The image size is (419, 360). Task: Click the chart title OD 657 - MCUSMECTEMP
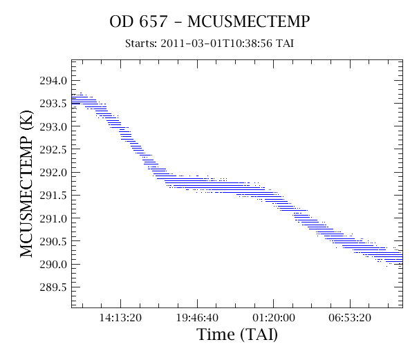(x=209, y=21)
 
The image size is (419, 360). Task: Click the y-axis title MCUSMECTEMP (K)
(x=26, y=184)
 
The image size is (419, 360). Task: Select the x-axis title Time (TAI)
(x=237, y=334)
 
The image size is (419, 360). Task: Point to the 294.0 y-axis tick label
(x=53, y=80)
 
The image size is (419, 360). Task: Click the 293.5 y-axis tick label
(x=53, y=104)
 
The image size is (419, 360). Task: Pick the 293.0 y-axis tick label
(x=53, y=126)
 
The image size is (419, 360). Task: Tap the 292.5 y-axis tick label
(x=53, y=149)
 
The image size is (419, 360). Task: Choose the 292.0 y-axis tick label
(x=53, y=173)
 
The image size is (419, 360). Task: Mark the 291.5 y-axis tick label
(x=53, y=196)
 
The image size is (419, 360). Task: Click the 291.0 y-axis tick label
(x=53, y=218)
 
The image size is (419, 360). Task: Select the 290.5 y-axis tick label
(x=53, y=241)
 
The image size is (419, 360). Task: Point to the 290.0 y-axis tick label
(x=53, y=265)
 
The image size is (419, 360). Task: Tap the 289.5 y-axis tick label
(x=53, y=287)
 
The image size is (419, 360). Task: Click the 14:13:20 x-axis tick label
(x=120, y=318)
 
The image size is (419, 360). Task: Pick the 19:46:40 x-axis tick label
(x=197, y=318)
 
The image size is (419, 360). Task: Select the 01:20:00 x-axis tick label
(x=274, y=318)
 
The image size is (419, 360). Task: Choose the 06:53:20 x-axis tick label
(x=350, y=318)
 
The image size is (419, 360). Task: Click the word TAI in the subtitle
(x=285, y=44)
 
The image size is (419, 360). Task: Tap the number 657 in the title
(x=153, y=21)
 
